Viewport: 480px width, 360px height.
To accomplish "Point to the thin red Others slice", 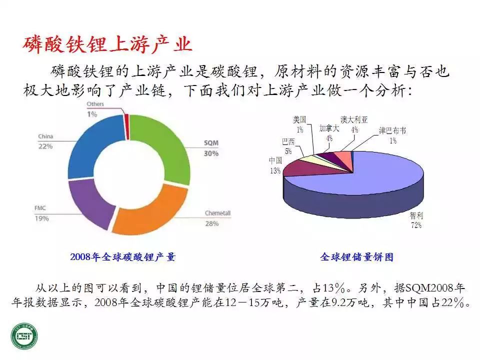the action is tap(126, 126).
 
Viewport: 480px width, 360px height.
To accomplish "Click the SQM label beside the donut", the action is tap(211, 143).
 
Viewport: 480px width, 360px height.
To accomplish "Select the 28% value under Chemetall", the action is tap(212, 224).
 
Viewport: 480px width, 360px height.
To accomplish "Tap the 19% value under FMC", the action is tap(42, 218).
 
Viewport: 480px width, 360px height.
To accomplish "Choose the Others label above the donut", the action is tap(95, 104).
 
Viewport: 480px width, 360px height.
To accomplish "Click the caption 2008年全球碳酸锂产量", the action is tap(123, 257).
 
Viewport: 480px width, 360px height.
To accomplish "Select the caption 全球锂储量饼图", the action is tap(357, 257).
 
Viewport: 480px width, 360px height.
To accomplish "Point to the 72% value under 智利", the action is tap(416, 225).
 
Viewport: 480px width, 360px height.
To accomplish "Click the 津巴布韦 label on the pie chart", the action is tap(393, 130).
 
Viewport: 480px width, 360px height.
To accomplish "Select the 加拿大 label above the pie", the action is tap(329, 128).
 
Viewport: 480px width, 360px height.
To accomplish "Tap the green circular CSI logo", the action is tap(24, 336).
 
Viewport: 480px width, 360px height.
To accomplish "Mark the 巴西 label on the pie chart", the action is tap(288, 141).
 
